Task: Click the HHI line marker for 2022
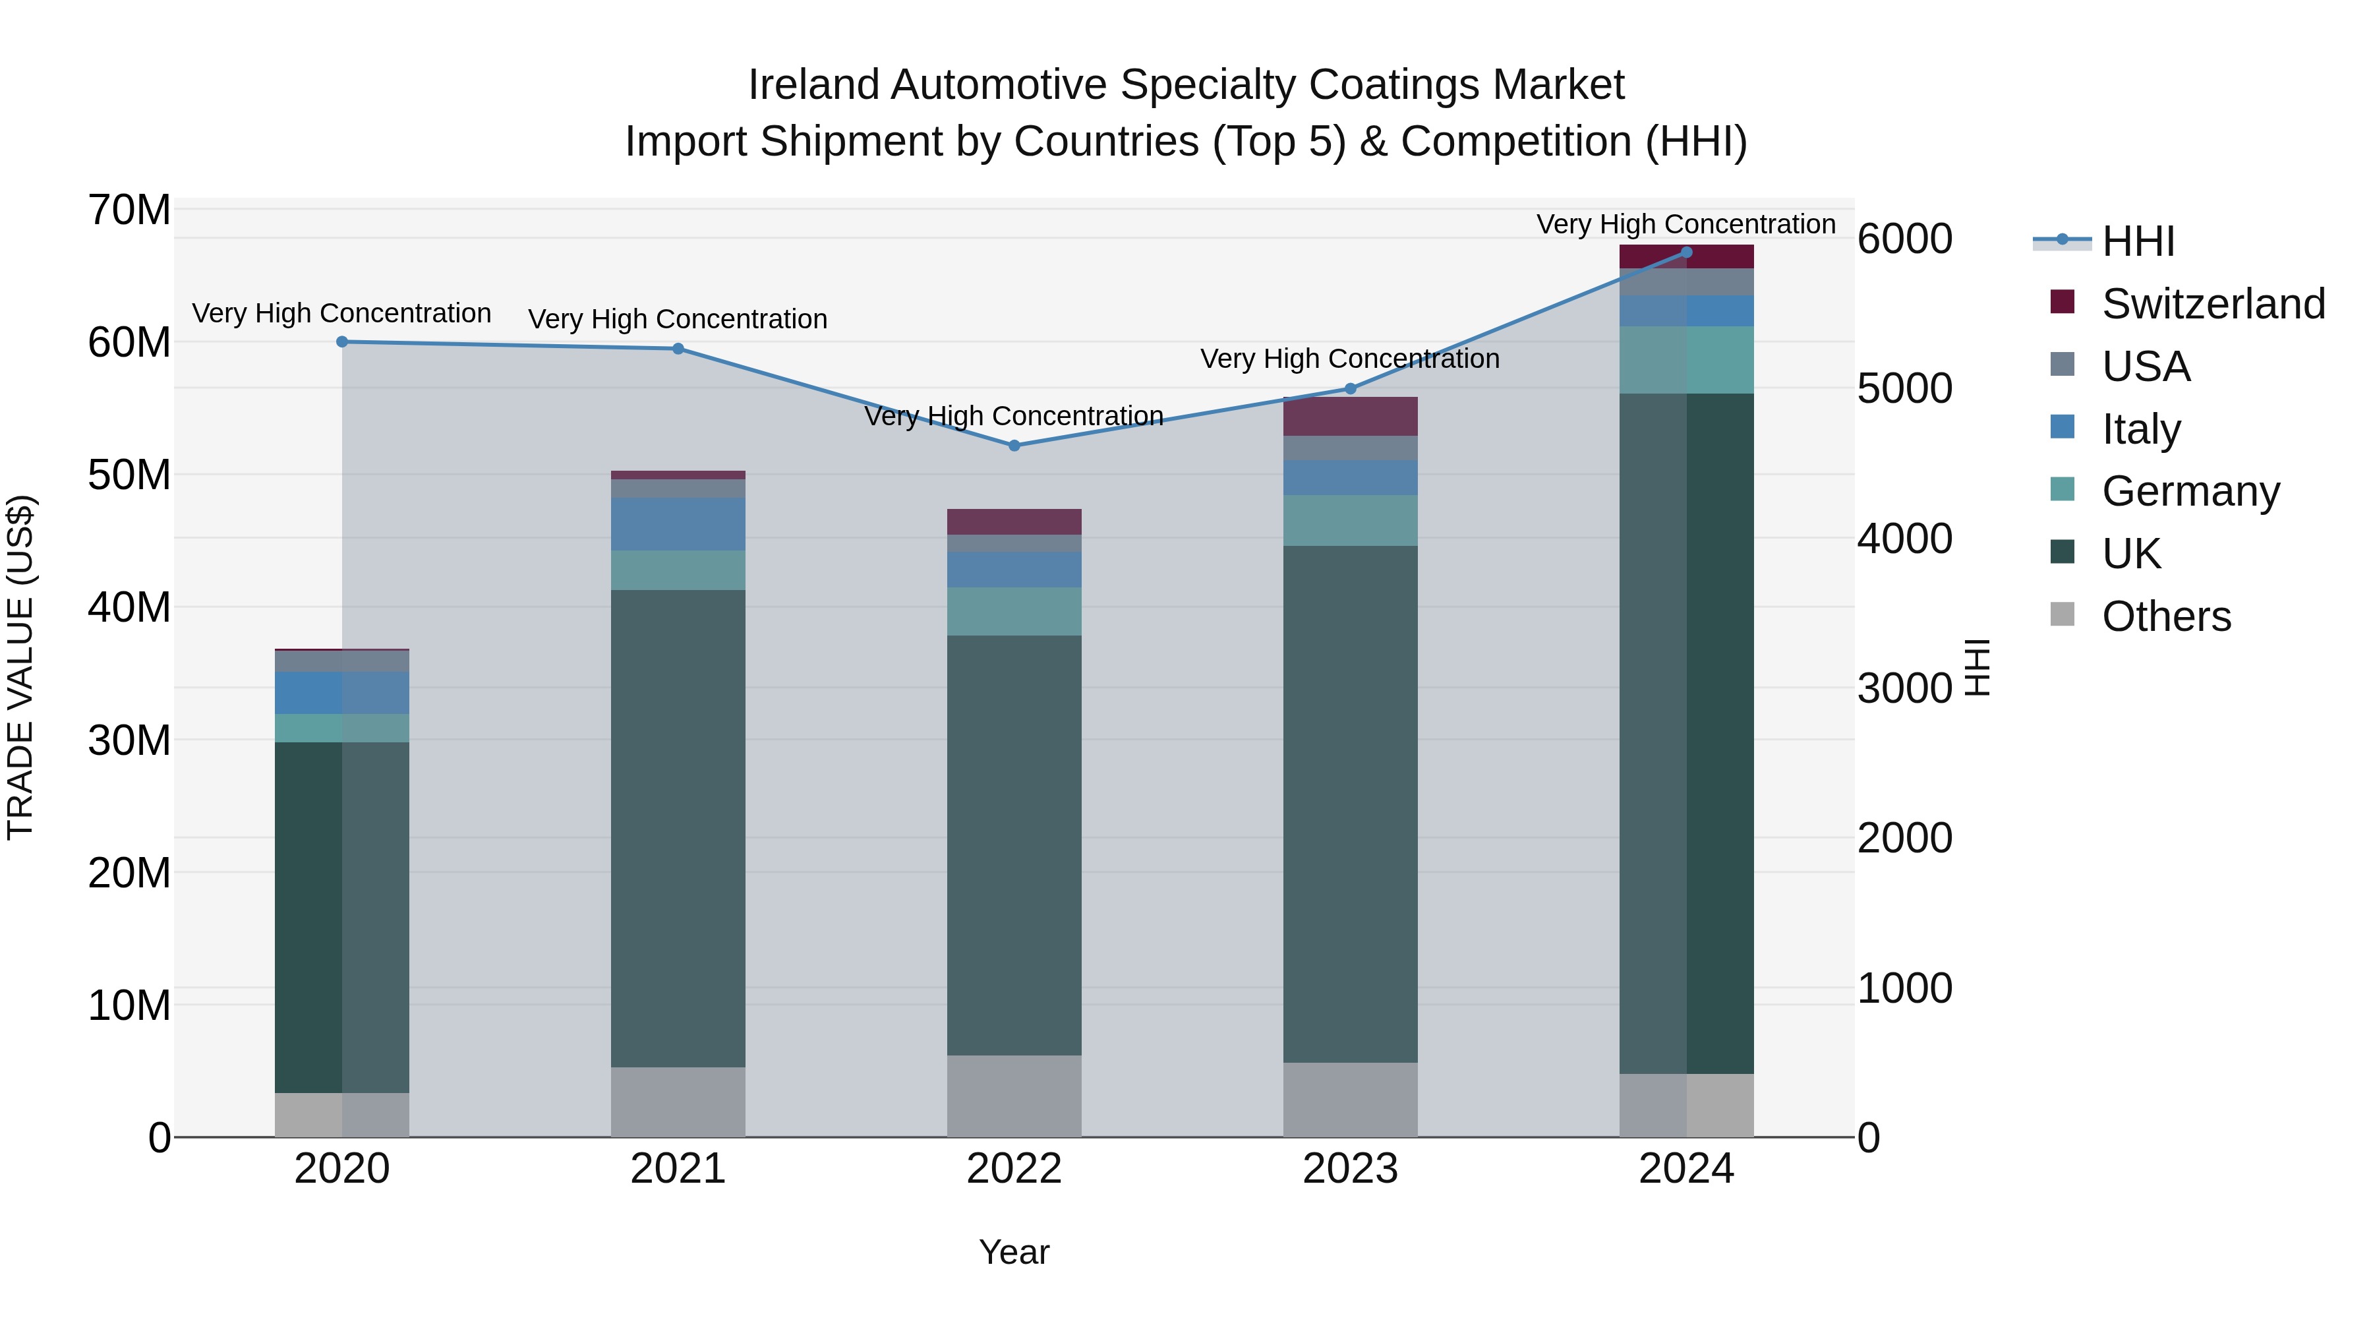click(1014, 445)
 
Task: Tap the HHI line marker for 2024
click(1687, 252)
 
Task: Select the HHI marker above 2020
click(341, 341)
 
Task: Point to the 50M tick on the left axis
click(129, 475)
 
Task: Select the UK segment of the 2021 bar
click(678, 829)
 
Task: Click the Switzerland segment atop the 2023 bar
click(1351, 417)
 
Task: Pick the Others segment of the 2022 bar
click(1014, 1096)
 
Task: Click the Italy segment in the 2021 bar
click(678, 524)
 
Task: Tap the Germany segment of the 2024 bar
click(1687, 360)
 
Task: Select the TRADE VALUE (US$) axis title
click(20, 667)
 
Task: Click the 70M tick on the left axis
click(129, 210)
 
